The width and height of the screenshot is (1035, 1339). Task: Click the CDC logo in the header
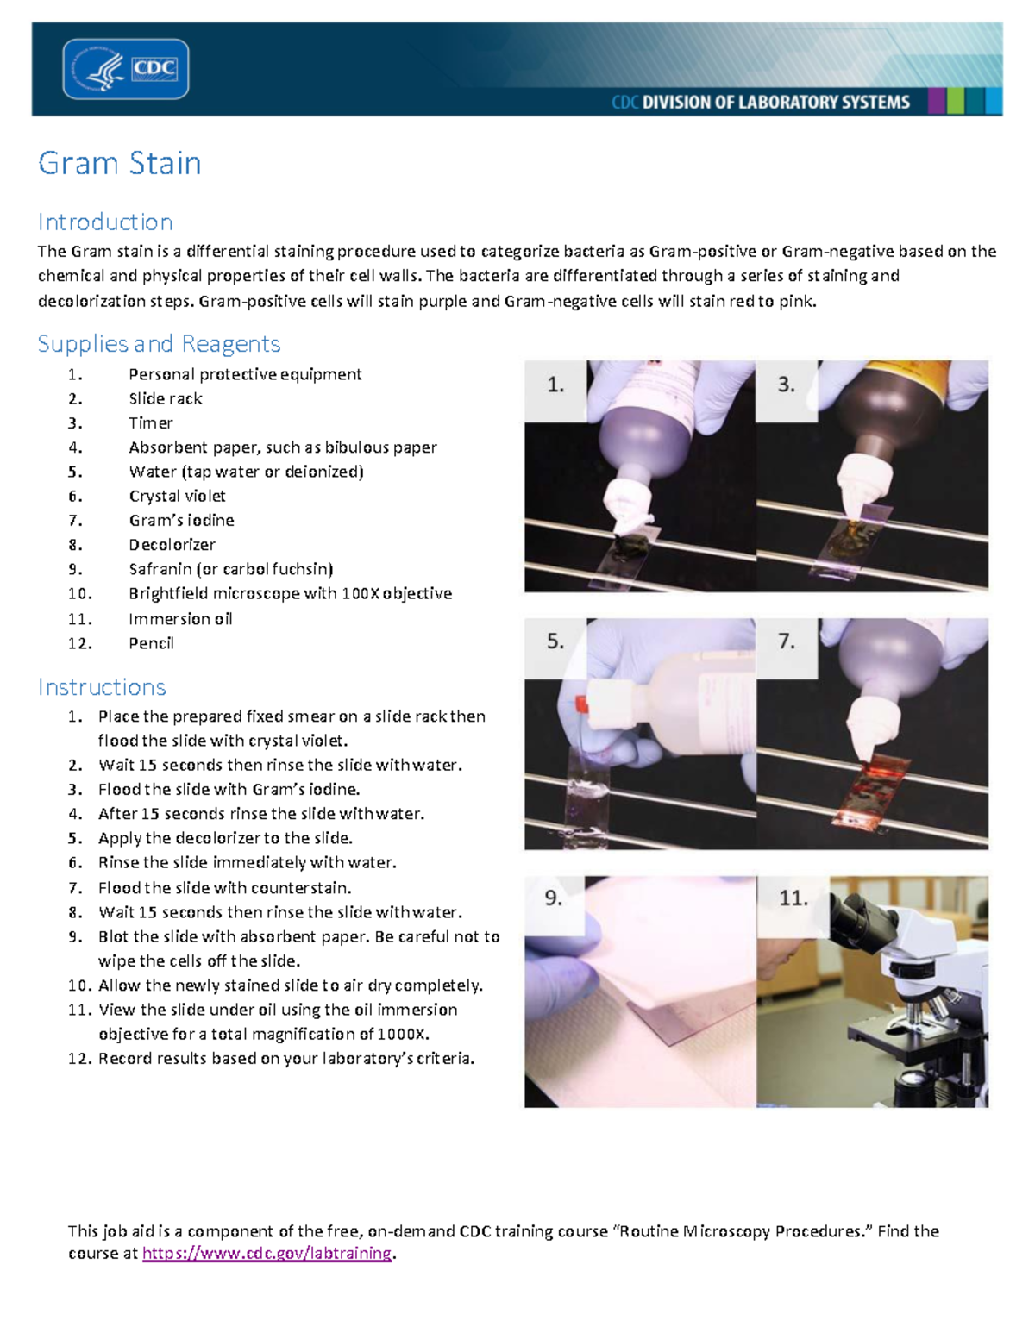click(126, 69)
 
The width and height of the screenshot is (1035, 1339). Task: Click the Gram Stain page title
click(119, 163)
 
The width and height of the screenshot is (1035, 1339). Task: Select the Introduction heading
click(105, 222)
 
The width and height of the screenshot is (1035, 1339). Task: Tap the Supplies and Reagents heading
click(159, 343)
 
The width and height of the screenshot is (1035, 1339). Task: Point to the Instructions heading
click(102, 686)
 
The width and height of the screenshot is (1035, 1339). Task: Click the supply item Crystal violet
click(177, 496)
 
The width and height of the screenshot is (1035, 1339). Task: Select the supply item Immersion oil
click(180, 618)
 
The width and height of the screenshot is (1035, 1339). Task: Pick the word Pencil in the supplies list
click(151, 642)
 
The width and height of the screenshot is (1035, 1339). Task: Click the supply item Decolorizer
click(172, 544)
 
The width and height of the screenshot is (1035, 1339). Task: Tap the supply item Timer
click(151, 422)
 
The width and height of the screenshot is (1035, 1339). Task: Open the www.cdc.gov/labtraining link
click(267, 1253)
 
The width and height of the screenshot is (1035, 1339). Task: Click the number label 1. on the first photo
click(555, 385)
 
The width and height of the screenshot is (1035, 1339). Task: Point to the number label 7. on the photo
click(787, 641)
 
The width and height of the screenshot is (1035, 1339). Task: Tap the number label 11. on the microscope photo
click(793, 898)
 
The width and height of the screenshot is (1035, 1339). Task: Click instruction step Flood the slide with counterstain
click(224, 887)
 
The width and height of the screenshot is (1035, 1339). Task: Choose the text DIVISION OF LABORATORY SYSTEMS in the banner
click(775, 103)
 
